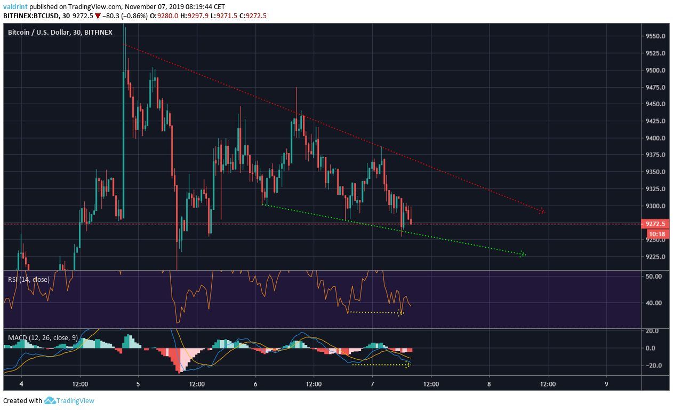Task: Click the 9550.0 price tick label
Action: point(655,36)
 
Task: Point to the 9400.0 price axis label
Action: point(655,138)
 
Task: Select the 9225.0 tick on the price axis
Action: point(655,257)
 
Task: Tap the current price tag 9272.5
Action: point(655,224)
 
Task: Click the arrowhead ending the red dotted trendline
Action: point(542,211)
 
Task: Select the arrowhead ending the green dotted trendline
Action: point(523,254)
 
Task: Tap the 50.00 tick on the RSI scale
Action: point(654,277)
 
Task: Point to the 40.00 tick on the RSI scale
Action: point(654,303)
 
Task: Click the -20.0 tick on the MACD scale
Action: point(653,366)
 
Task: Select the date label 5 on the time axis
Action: point(138,384)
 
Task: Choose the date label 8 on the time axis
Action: point(489,384)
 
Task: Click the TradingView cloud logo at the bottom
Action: point(50,400)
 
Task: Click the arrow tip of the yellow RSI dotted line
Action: point(400,313)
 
